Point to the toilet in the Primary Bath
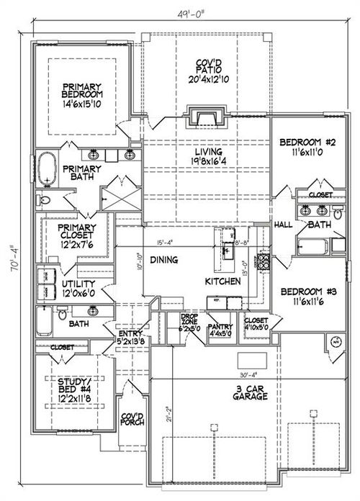[45, 199]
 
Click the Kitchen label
[222, 281]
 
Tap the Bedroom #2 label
[303, 143]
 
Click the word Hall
[283, 225]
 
